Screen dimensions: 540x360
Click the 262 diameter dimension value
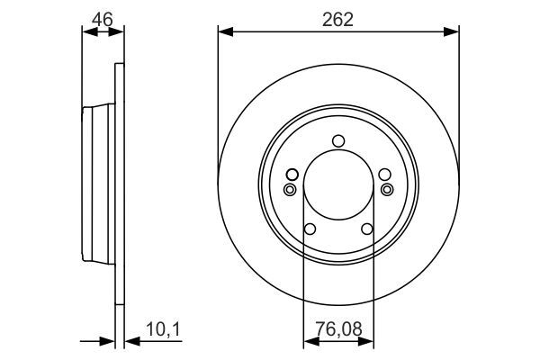click(x=337, y=20)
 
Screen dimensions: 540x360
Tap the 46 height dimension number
click(x=103, y=19)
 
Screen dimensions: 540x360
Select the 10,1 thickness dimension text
click(x=163, y=329)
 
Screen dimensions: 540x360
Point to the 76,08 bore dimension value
click(x=339, y=329)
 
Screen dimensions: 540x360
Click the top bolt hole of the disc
click(x=338, y=141)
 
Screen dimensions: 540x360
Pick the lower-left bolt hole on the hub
click(x=310, y=229)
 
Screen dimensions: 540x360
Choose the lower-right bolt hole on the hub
click(x=367, y=229)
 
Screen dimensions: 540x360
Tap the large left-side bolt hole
click(x=292, y=175)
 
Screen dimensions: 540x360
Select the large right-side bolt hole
click(x=384, y=175)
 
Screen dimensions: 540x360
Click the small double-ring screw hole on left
click(x=290, y=189)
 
